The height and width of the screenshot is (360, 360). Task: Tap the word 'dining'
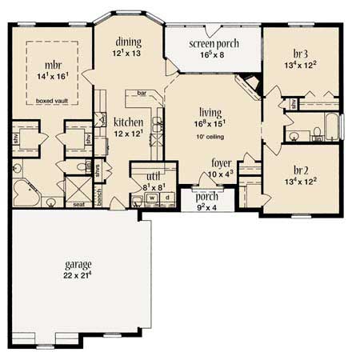pyautogui.click(x=128, y=42)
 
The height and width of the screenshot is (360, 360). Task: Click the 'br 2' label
pyautogui.click(x=302, y=170)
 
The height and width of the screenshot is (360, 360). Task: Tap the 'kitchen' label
pyautogui.click(x=128, y=122)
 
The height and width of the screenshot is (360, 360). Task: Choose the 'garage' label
pyautogui.click(x=80, y=264)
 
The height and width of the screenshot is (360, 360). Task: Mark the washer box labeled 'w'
pyautogui.click(x=150, y=197)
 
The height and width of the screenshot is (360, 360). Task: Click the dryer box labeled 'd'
pyautogui.click(x=165, y=197)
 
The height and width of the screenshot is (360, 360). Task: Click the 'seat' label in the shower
pyautogui.click(x=78, y=204)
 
